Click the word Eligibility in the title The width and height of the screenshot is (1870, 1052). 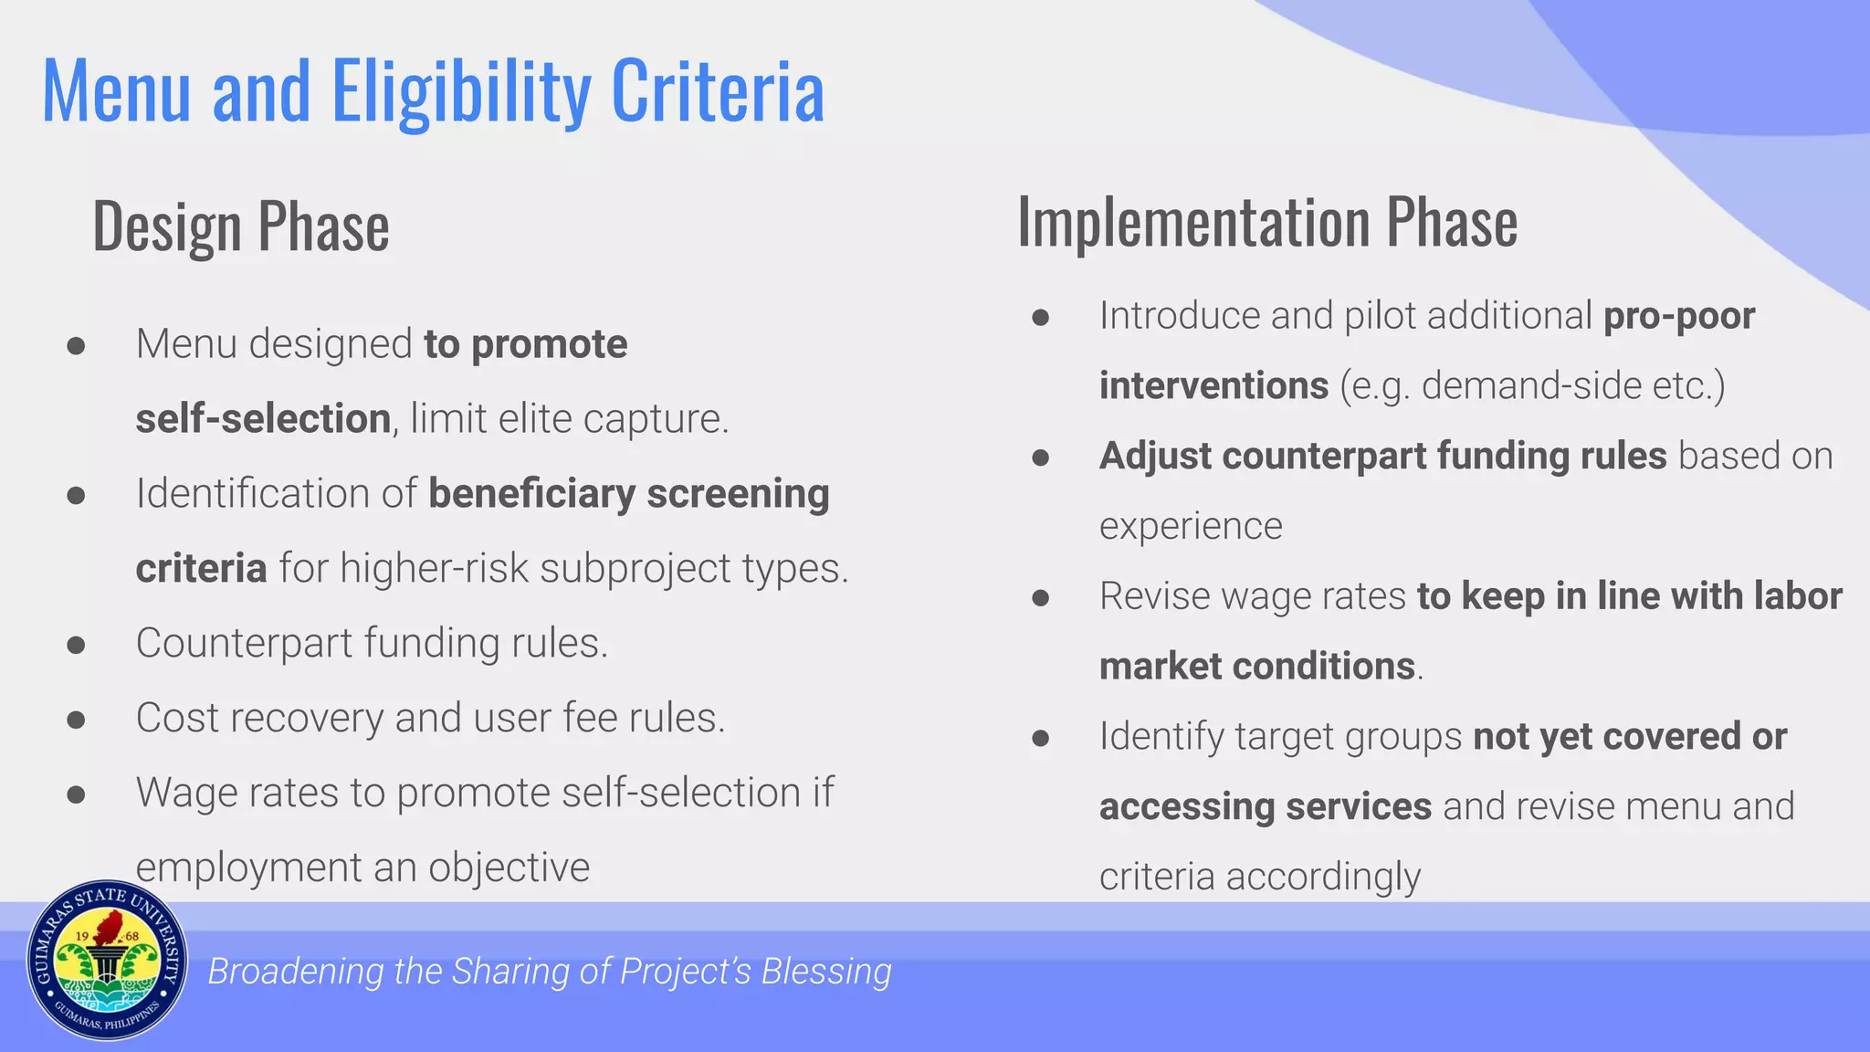461,91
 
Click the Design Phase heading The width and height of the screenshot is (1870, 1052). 241,226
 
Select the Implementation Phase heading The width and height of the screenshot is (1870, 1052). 1267,222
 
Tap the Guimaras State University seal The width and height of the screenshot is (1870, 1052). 108,961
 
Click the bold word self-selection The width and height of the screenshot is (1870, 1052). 263,419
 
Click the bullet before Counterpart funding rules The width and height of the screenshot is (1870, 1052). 76,645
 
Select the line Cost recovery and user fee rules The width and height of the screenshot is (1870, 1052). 430,718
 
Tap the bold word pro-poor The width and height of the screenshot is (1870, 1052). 1679,316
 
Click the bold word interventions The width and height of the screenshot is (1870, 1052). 1213,385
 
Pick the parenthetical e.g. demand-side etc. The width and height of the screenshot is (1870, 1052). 1532,385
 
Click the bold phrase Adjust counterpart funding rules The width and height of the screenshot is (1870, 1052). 1382,456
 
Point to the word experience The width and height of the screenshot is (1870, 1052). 1191,526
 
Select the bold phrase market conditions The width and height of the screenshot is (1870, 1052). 1256,666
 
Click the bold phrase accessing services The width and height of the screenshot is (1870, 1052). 1265,806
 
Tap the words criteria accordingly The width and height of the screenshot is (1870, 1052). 1259,877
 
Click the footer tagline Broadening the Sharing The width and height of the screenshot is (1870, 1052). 550,971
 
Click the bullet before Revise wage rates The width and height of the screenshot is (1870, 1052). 1040,598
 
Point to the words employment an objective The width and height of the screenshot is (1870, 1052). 362,868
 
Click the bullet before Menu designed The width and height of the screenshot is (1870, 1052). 76,346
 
